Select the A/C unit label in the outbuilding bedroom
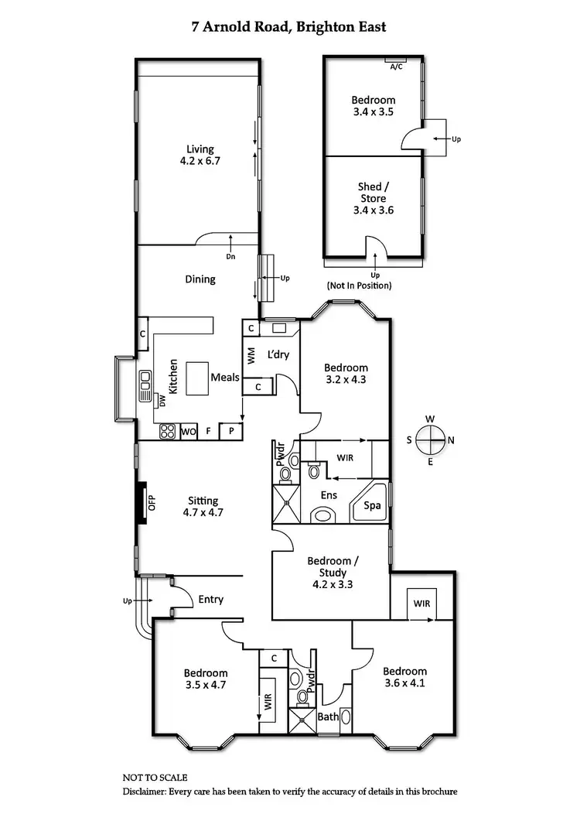click(x=396, y=67)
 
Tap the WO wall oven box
click(x=189, y=432)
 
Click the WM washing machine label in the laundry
click(x=251, y=357)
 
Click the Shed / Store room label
click(x=373, y=198)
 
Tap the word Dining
click(x=200, y=279)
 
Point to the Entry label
click(x=210, y=599)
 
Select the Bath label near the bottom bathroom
click(x=329, y=717)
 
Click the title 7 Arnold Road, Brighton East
click(x=289, y=27)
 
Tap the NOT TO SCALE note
click(x=155, y=777)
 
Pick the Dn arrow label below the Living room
click(x=230, y=256)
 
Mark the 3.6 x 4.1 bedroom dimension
click(x=404, y=683)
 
